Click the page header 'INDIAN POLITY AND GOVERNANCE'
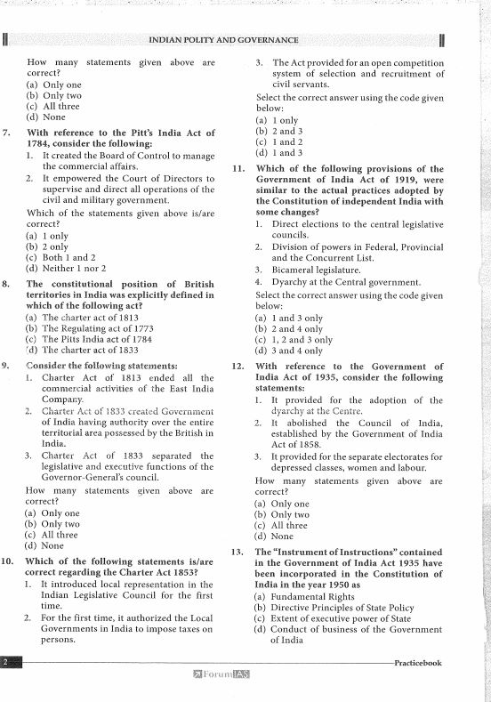pos(223,40)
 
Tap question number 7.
pos(7,133)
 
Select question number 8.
pos(7,284)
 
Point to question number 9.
pos(7,365)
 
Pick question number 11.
pos(237,168)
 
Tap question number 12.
pos(237,366)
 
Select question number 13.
pos(237,552)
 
